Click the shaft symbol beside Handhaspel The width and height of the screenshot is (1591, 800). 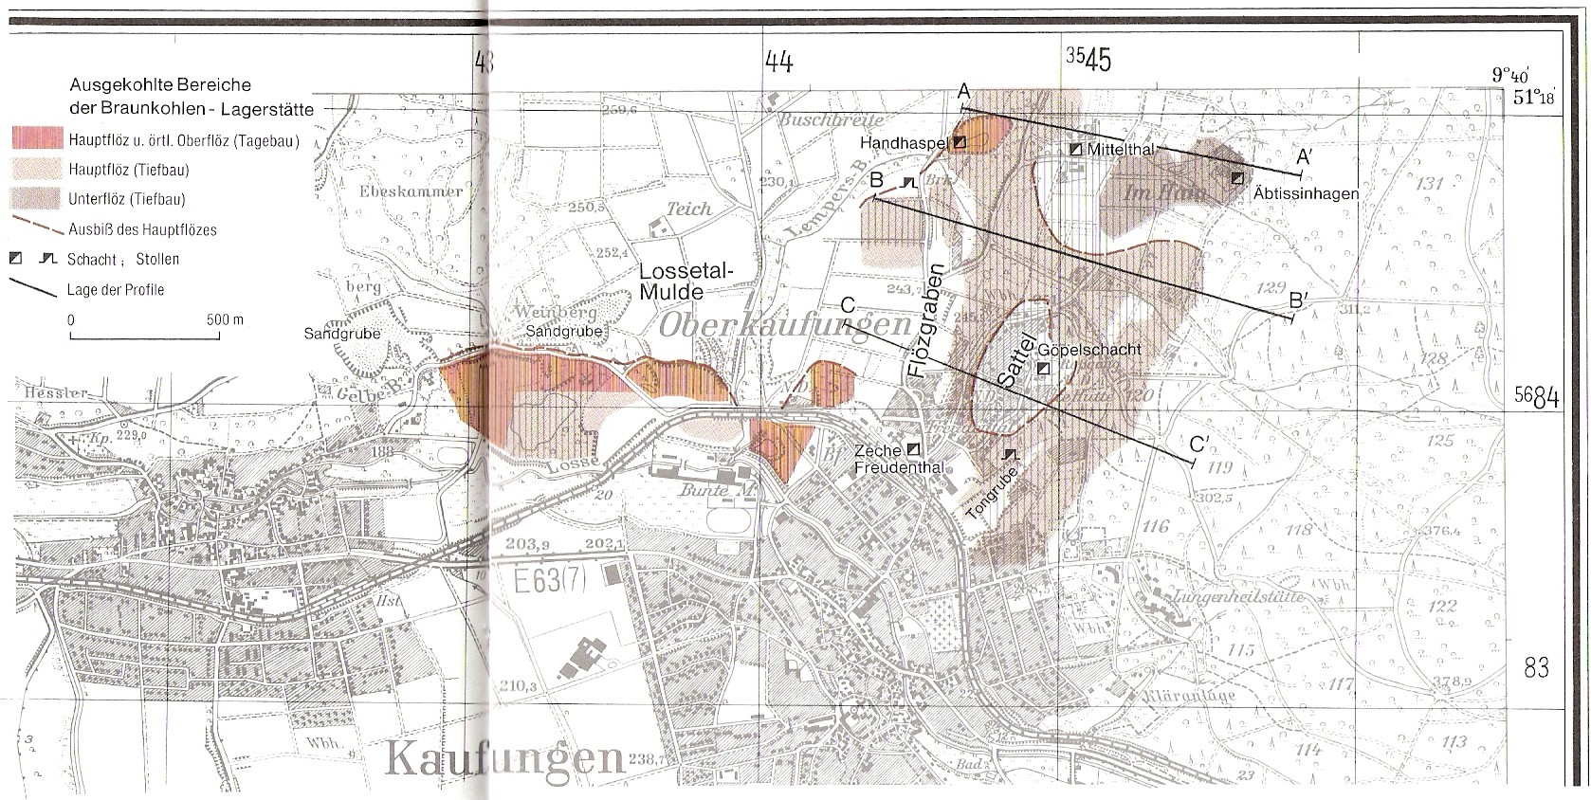coord(960,142)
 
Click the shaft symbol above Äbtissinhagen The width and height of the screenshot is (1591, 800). coord(1237,177)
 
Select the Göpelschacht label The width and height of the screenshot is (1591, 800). coord(1089,349)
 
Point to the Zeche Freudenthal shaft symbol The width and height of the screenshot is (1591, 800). coord(914,447)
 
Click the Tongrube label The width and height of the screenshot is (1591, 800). coord(991,493)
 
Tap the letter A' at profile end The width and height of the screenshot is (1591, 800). coord(1304,157)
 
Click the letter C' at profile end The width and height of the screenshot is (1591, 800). coord(1199,444)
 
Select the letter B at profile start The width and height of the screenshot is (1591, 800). coord(877,180)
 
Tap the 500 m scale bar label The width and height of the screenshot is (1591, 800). coord(225,319)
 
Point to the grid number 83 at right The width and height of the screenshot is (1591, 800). coord(1536,668)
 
